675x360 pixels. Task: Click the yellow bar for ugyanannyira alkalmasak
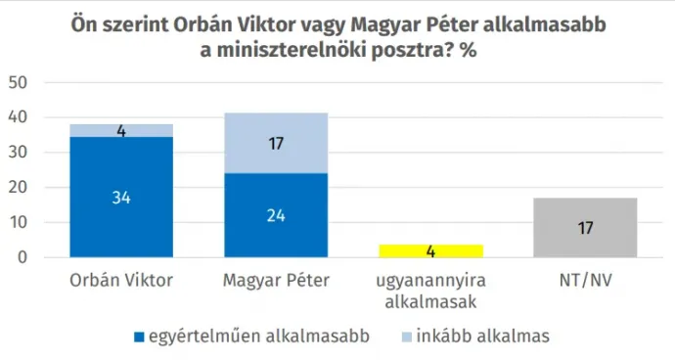tap(431, 251)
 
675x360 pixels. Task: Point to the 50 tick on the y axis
tap(18, 83)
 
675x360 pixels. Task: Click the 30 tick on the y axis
tap(18, 153)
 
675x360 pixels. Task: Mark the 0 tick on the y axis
tap(22, 258)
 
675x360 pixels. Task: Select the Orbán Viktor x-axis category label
tap(121, 281)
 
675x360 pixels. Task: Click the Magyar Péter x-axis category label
tap(275, 281)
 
